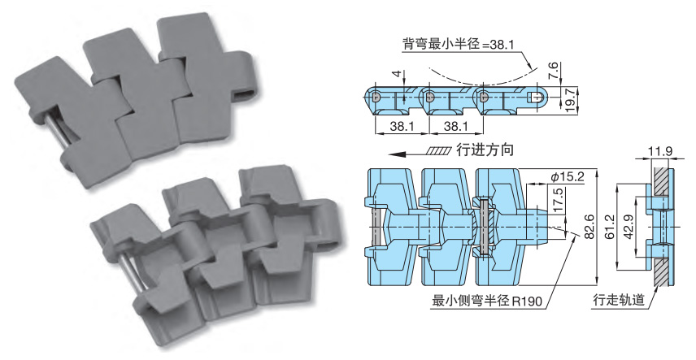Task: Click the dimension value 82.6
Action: (x=589, y=226)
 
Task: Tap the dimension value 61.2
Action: (x=610, y=227)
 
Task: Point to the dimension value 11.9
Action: (x=659, y=151)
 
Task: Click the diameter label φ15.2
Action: (x=567, y=177)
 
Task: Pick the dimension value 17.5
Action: (x=559, y=199)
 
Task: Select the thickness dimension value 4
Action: (x=397, y=74)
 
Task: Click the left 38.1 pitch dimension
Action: (x=402, y=127)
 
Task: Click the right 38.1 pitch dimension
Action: (x=456, y=127)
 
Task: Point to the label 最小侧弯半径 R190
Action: (x=487, y=301)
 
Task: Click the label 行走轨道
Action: (x=619, y=301)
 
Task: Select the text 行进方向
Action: (x=485, y=150)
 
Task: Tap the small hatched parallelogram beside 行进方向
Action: (x=438, y=151)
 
